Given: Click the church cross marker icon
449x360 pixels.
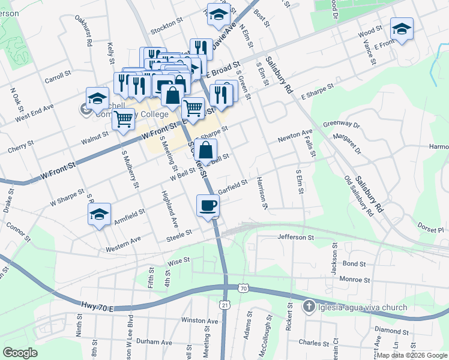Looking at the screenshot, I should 309,307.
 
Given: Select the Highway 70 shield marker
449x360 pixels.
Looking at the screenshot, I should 243,289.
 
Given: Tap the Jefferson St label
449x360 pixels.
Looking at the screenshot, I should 296,238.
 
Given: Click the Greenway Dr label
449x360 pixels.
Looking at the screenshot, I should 341,125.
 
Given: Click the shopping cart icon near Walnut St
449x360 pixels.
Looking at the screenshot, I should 123,118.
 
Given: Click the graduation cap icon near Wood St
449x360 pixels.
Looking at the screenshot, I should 401,28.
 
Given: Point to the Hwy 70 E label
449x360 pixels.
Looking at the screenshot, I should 96,307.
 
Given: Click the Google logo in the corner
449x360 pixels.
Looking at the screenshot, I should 20,353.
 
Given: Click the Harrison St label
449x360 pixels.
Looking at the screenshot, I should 261,193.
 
